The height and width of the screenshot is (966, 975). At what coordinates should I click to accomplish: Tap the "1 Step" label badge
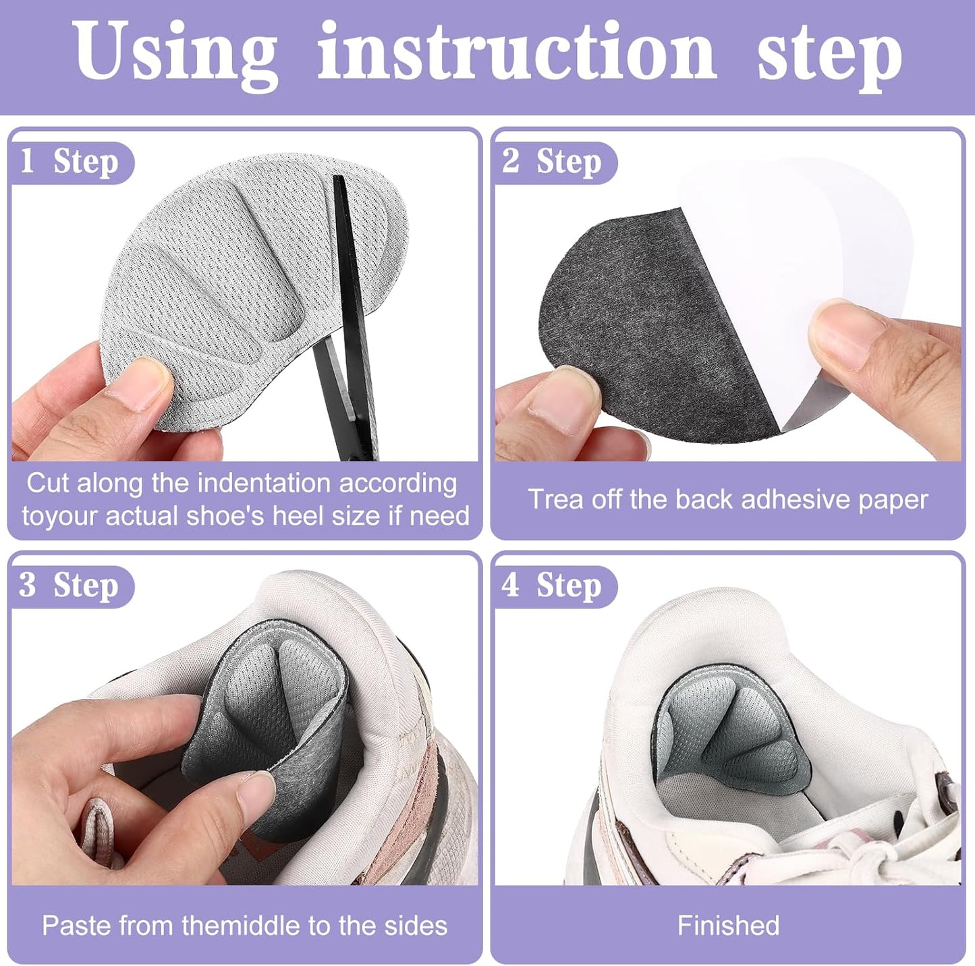70,162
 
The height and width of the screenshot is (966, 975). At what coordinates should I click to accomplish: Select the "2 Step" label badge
553,162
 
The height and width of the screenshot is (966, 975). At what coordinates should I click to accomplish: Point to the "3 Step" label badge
70,585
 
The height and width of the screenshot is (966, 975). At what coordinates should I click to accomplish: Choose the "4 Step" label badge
553,585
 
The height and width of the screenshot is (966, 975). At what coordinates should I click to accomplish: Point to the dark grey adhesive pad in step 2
648,317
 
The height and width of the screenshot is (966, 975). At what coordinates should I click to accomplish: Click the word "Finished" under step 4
728,926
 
